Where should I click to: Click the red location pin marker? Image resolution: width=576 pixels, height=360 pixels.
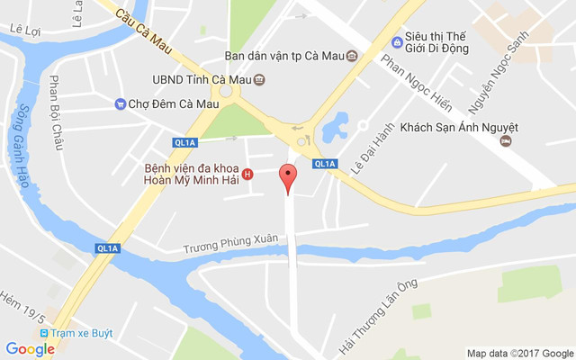point(287,177)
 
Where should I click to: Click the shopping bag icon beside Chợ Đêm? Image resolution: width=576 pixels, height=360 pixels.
point(120,104)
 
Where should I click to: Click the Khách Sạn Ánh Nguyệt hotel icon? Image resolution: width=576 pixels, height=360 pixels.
point(507,141)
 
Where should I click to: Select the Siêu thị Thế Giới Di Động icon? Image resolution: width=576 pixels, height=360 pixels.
point(397,42)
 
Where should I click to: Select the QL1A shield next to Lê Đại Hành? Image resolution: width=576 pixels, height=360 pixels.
point(326,163)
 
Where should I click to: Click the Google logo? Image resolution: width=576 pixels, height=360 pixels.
point(30,349)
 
